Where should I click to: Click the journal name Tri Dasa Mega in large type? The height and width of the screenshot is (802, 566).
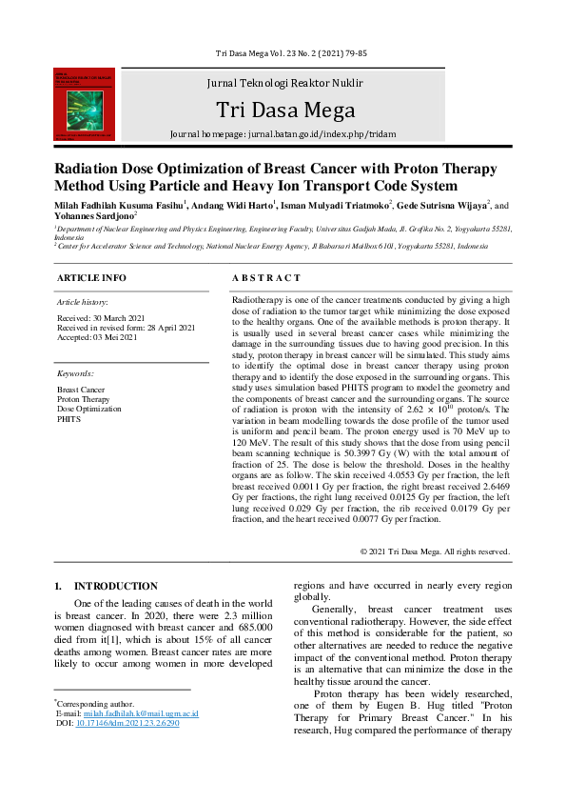tap(285, 110)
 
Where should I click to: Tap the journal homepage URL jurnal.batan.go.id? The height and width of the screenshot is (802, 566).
tap(320, 134)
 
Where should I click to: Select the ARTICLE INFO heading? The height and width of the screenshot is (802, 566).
tap(91, 278)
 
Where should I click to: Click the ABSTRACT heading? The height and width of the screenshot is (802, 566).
tap(266, 278)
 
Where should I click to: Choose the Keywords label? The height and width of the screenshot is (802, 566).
tap(76, 373)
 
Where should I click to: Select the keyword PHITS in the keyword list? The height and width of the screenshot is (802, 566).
tap(68, 418)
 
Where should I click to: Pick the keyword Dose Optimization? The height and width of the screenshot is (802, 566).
tap(89, 409)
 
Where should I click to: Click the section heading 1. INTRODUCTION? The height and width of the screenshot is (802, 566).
tap(107, 586)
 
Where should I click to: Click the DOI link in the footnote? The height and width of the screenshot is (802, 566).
tap(131, 723)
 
